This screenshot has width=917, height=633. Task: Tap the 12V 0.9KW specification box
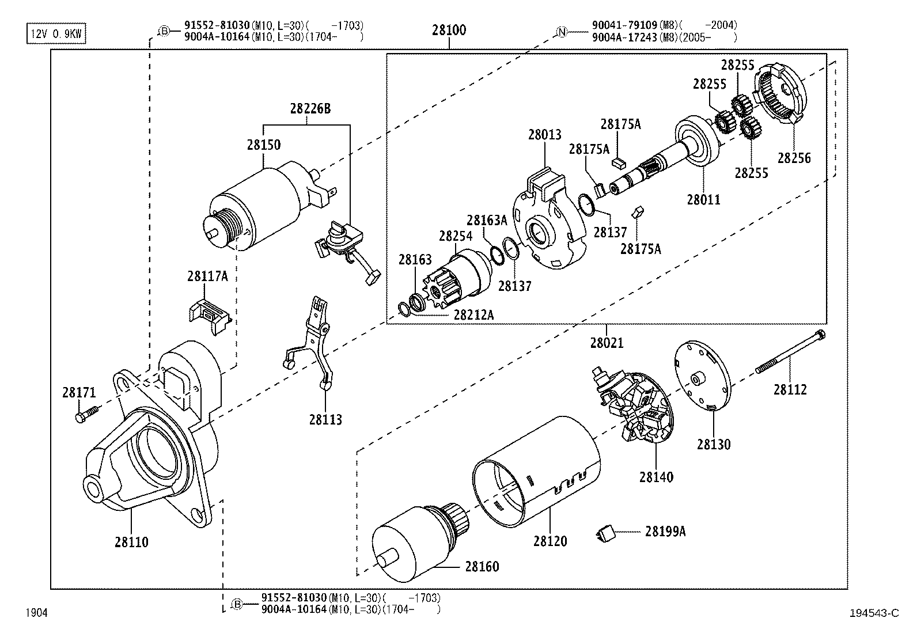[x=56, y=34]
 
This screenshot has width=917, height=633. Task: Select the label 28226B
[x=310, y=108]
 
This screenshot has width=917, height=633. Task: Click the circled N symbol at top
[x=562, y=31]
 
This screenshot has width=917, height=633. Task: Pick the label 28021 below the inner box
[x=607, y=343]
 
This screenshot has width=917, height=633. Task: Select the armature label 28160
[x=482, y=566]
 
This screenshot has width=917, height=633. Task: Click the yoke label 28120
[x=550, y=541]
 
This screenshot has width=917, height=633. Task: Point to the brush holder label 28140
[x=655, y=477]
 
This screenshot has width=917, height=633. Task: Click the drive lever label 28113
[x=325, y=420]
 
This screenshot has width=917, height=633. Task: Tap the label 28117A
[x=207, y=276]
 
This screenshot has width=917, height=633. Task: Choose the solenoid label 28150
[x=264, y=145]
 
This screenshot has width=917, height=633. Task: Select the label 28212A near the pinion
[x=473, y=314]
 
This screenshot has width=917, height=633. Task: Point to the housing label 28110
[x=131, y=542]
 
